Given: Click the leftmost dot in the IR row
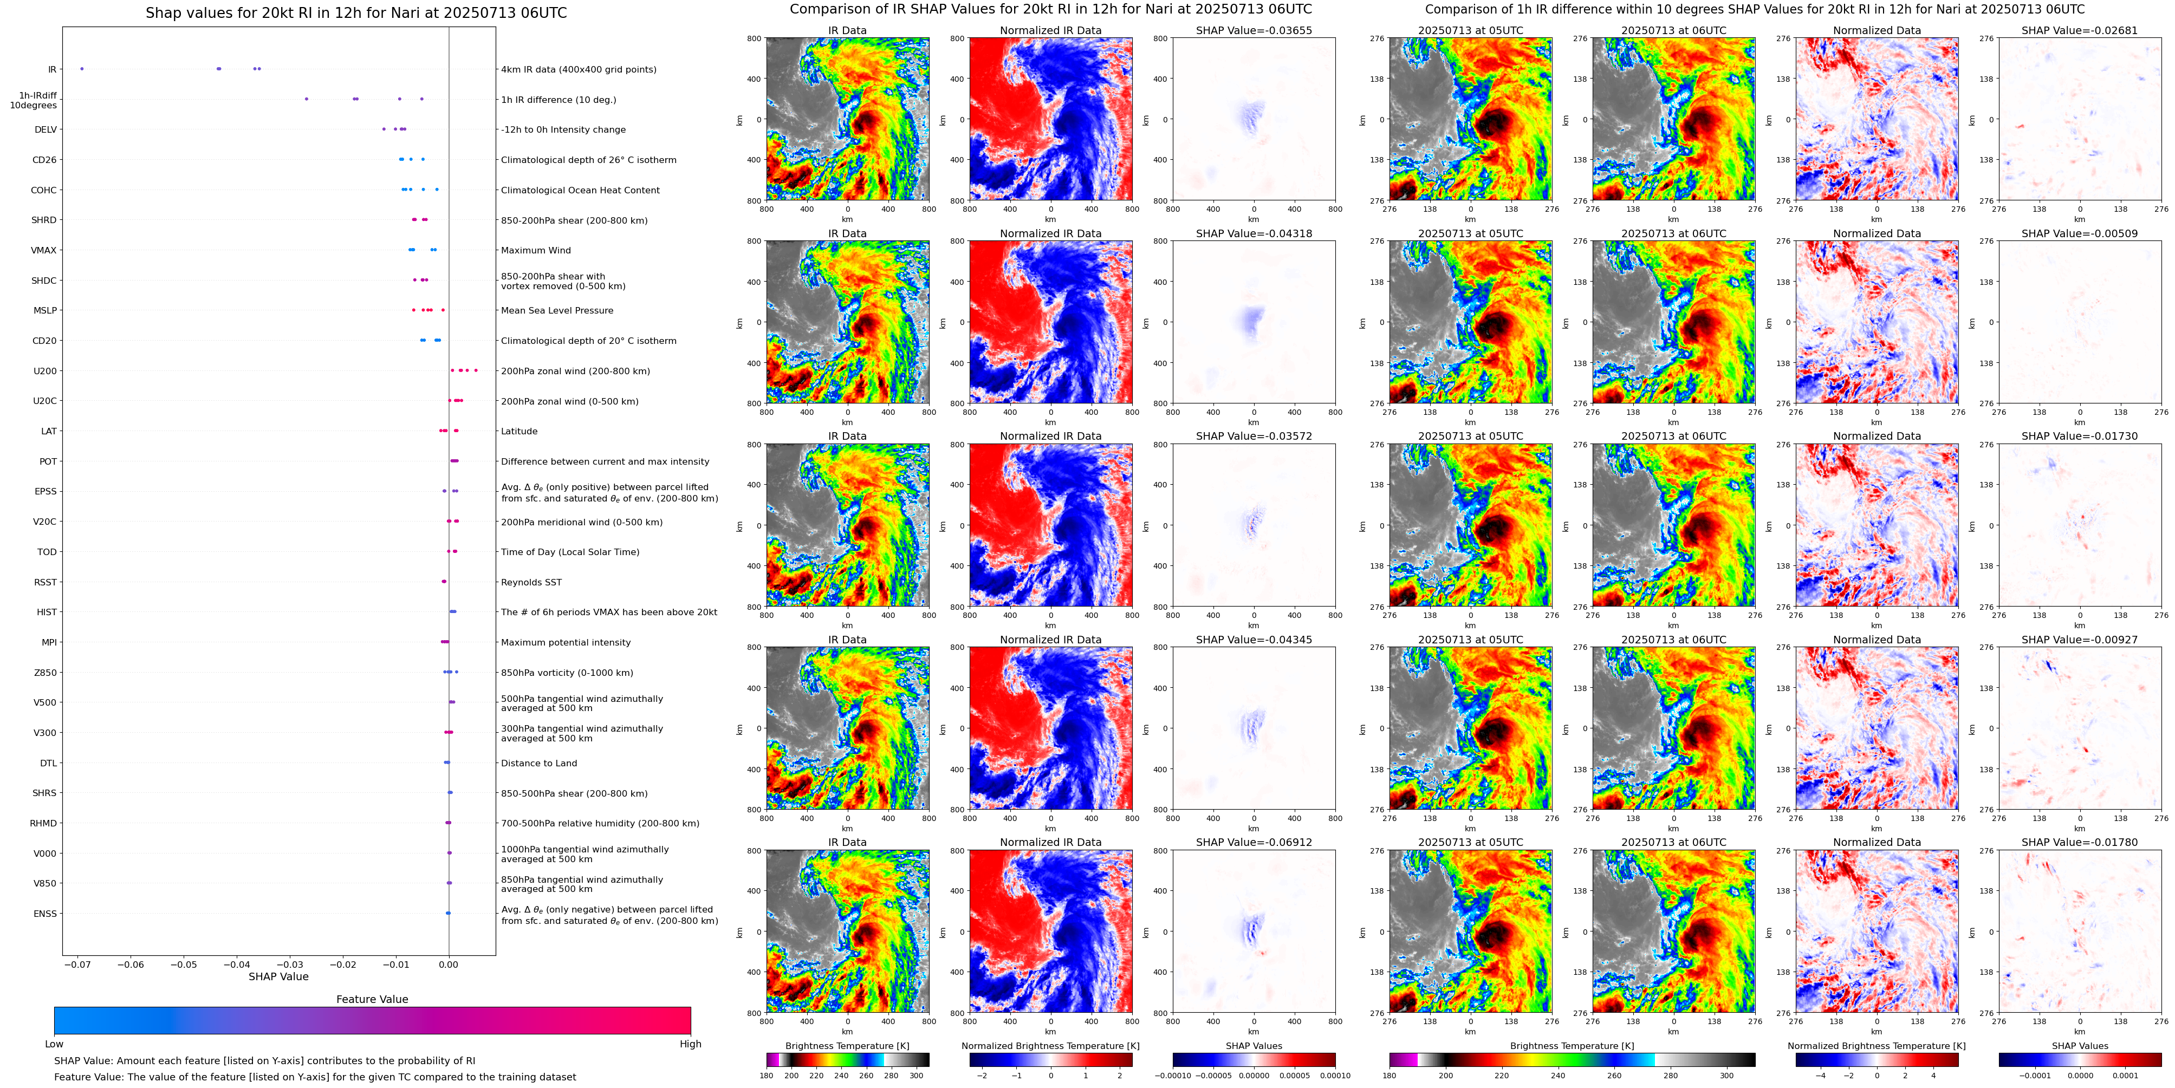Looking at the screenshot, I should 82,68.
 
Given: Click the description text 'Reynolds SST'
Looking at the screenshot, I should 531,582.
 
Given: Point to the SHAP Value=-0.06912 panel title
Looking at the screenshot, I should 1254,842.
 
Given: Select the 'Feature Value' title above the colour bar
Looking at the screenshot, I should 372,999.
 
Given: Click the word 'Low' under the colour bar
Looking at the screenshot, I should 54,1044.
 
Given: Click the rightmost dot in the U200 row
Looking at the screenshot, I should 476,370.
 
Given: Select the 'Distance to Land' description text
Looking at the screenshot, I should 538,763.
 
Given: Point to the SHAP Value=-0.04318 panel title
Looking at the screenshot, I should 1254,234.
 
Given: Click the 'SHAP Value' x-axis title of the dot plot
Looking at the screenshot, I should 278,976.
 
